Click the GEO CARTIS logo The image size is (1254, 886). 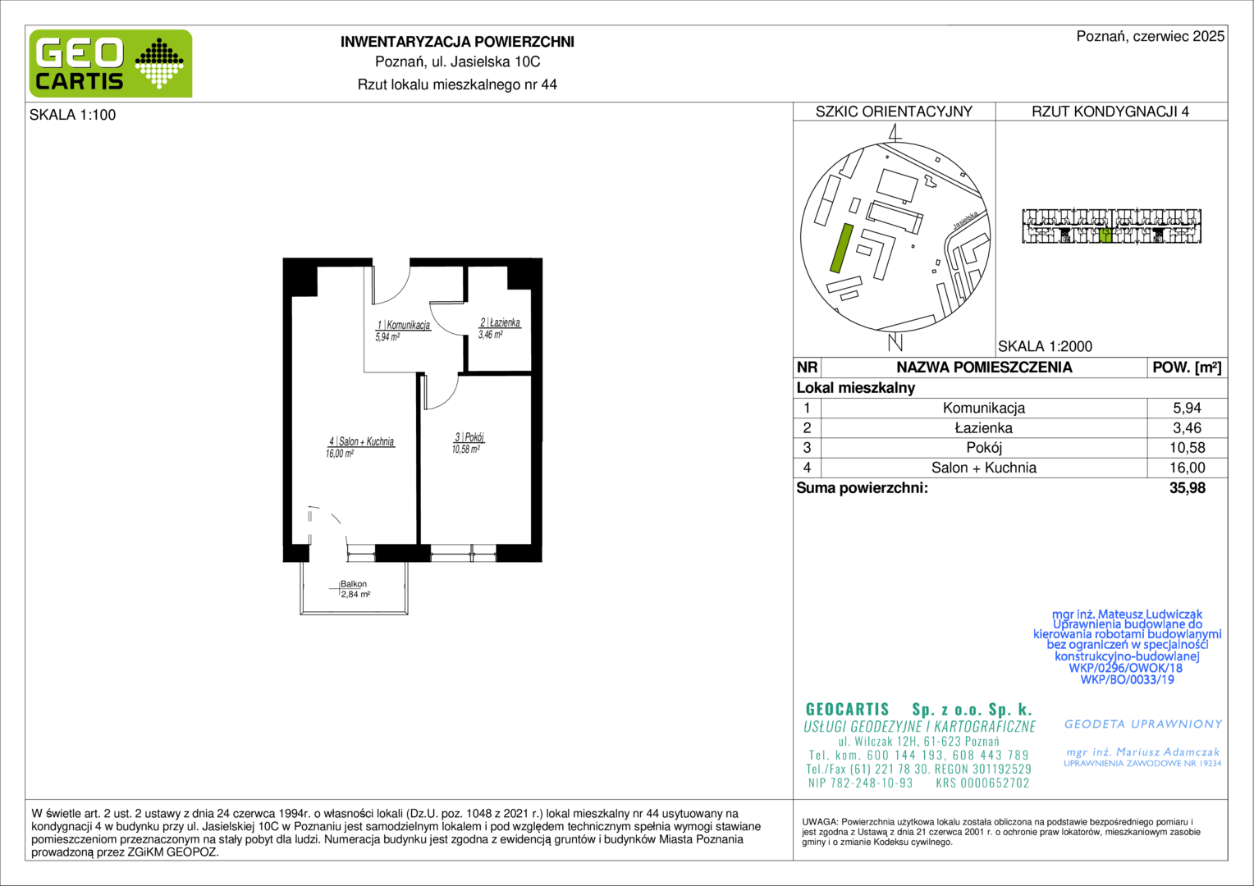[111, 64]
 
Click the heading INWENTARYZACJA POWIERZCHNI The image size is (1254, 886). [457, 42]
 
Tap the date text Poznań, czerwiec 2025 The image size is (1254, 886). [1151, 36]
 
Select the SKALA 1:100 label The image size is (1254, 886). [73, 115]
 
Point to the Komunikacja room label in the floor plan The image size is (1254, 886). [403, 331]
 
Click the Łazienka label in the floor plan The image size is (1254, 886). [499, 328]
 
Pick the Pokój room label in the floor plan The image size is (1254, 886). [468, 443]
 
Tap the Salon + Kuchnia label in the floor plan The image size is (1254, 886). [360, 447]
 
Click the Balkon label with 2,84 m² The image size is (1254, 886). [355, 589]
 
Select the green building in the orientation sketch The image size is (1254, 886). [841, 248]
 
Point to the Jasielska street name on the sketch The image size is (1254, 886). [966, 220]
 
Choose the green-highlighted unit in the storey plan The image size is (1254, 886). [1105, 235]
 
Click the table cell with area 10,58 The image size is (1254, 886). [1187, 448]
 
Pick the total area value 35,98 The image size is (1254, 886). [1188, 488]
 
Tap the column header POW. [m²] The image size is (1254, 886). [1187, 368]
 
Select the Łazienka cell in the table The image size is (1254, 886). [984, 428]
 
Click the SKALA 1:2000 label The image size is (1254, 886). [1046, 346]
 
